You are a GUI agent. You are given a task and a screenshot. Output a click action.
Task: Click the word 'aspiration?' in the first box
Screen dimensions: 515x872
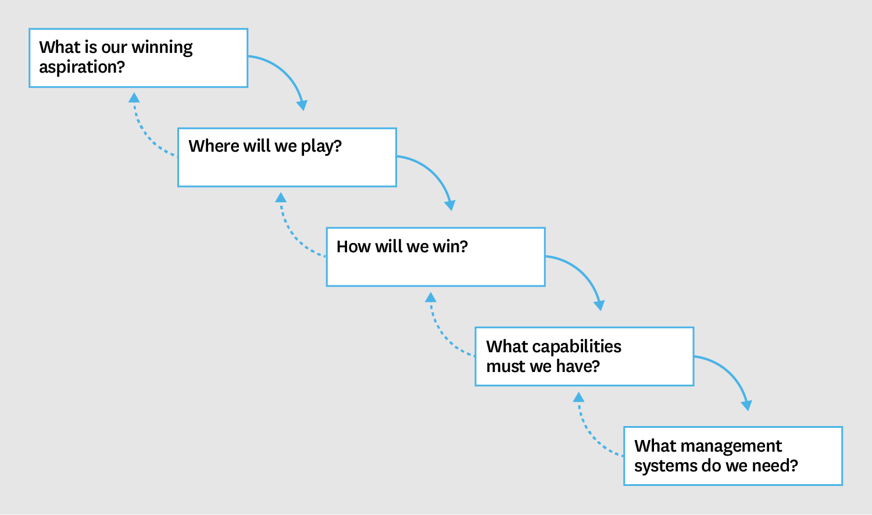pyautogui.click(x=82, y=67)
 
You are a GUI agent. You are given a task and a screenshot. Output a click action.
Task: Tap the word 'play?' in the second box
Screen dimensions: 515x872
pyautogui.click(x=321, y=146)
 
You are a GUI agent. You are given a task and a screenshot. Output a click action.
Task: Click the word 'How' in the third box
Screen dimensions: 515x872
pyautogui.click(x=353, y=246)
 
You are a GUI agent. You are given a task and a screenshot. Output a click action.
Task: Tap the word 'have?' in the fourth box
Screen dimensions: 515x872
pyautogui.click(x=578, y=366)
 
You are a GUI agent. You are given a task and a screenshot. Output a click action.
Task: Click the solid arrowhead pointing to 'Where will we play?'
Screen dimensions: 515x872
pyautogui.click(x=302, y=105)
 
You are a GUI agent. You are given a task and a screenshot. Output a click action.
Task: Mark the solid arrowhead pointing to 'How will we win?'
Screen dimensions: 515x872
pyautogui.click(x=450, y=205)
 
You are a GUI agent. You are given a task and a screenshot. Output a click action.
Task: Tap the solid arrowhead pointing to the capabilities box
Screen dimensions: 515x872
pyautogui.click(x=599, y=305)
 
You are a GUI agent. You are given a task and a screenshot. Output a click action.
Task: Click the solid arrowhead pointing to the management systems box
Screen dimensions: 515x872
pyautogui.click(x=747, y=405)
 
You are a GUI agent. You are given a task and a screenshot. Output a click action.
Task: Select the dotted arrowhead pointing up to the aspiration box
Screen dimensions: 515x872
pyautogui.click(x=134, y=98)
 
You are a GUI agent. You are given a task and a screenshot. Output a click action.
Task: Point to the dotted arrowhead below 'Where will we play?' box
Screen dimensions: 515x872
pyautogui.click(x=281, y=198)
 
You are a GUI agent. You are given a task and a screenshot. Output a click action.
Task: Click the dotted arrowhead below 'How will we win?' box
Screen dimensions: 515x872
pyautogui.click(x=431, y=298)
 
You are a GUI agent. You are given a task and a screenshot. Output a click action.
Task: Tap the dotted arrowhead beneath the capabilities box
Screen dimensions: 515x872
pyautogui.click(x=578, y=398)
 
